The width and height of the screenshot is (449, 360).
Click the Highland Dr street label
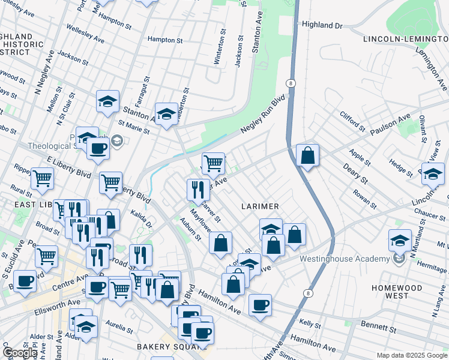(322, 25)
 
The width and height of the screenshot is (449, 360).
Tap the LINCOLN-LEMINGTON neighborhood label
(405, 39)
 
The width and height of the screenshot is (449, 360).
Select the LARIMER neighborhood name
(260, 206)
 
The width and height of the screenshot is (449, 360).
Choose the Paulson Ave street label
(390, 122)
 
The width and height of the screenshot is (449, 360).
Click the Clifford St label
(352, 121)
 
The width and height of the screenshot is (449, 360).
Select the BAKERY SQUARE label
(162, 347)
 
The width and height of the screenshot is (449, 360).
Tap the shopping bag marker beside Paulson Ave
(307, 156)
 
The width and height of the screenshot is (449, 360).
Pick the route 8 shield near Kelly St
(309, 293)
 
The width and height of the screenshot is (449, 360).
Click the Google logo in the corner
(20, 352)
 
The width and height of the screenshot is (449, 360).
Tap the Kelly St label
(310, 323)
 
